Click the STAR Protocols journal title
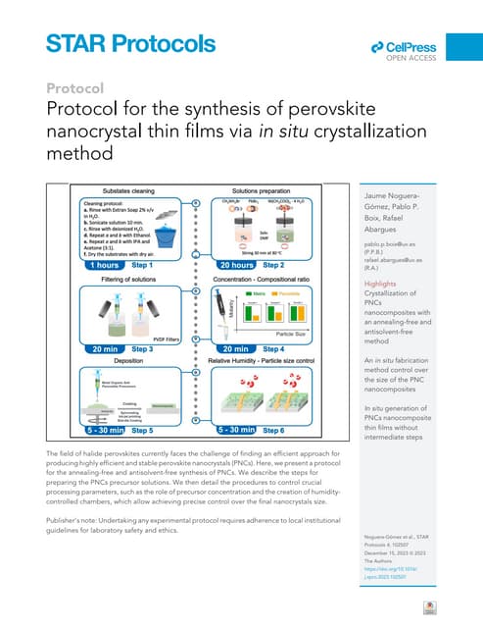(130, 43)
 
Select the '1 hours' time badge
(85, 265)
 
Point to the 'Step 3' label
(142, 348)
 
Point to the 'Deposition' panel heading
(113, 360)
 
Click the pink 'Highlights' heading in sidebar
(372, 286)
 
